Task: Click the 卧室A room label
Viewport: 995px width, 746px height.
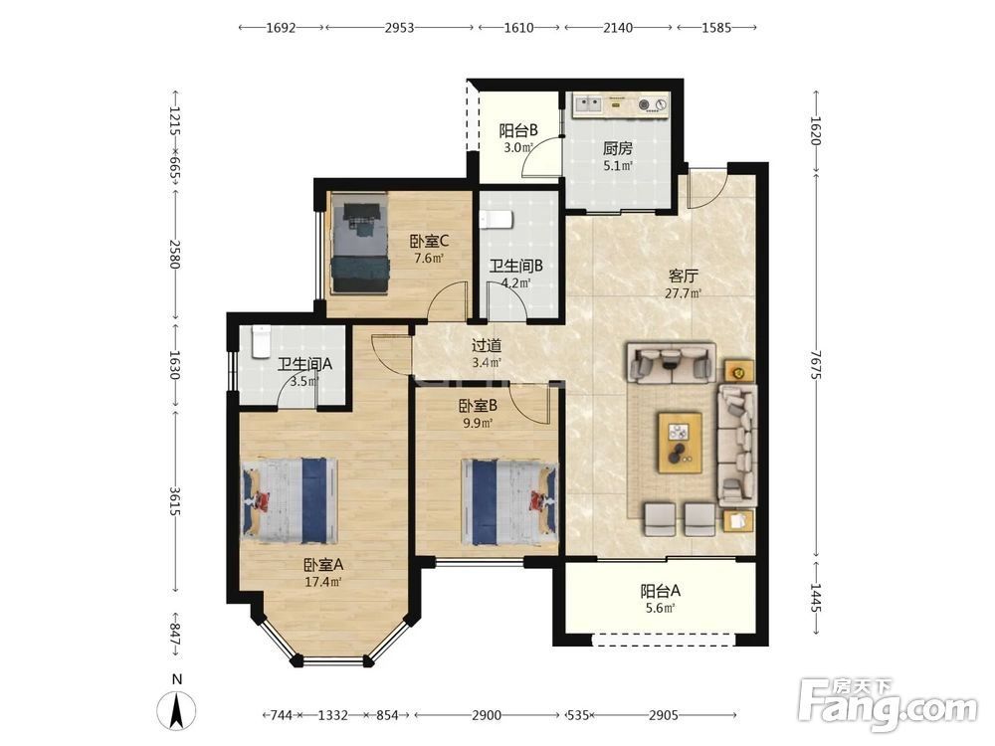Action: (x=323, y=564)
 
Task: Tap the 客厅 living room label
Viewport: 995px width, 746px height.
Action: (x=683, y=276)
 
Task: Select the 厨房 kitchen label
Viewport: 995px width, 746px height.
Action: (x=618, y=148)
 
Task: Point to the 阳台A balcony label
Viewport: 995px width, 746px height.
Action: (x=660, y=591)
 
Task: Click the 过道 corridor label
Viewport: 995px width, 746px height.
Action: (x=487, y=346)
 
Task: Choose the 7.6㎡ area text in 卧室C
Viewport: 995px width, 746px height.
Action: (x=428, y=259)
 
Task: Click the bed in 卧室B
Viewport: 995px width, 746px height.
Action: (x=509, y=501)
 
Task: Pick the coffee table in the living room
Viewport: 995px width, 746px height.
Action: (x=681, y=443)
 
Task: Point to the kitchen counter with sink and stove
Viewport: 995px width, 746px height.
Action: (x=621, y=105)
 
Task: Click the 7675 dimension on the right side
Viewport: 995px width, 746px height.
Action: (x=816, y=365)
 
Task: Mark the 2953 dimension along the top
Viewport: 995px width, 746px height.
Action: (x=399, y=28)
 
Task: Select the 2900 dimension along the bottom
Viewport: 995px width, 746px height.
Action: (x=487, y=715)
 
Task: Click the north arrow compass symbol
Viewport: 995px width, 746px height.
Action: (x=177, y=706)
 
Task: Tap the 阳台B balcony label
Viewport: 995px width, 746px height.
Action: (x=518, y=130)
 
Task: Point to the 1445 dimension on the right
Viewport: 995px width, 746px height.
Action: (x=816, y=598)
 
